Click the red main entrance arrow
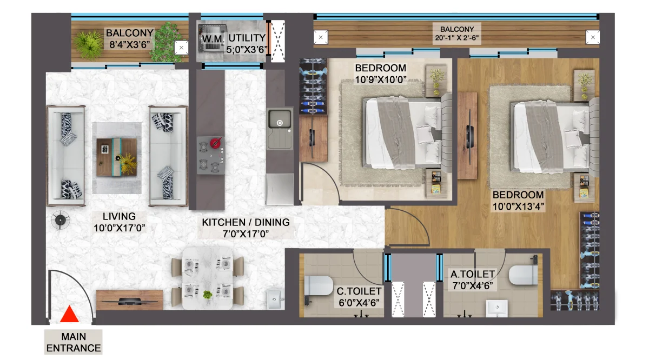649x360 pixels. [x=69, y=314]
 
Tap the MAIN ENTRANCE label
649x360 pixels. [x=74, y=342]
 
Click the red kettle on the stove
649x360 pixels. [x=216, y=143]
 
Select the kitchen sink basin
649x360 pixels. [x=280, y=119]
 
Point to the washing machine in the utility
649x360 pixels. [x=212, y=39]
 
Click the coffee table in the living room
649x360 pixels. [x=117, y=157]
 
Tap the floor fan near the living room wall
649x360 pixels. [x=60, y=220]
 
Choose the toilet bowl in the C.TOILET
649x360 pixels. [x=318, y=286]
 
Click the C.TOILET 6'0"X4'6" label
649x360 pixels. [x=359, y=297]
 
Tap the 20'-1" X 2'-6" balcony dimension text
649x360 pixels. [x=457, y=38]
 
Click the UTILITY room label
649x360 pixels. [x=247, y=38]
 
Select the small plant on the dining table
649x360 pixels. [x=208, y=296]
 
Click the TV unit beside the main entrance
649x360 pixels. [x=129, y=300]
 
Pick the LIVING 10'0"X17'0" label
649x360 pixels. [x=120, y=222]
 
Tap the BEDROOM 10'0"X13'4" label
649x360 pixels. [x=518, y=201]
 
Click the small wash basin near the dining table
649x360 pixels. [x=274, y=299]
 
